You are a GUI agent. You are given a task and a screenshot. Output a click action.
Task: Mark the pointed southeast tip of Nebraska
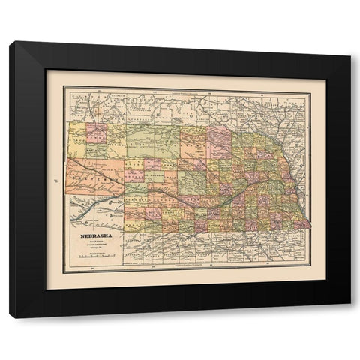(310, 226)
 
